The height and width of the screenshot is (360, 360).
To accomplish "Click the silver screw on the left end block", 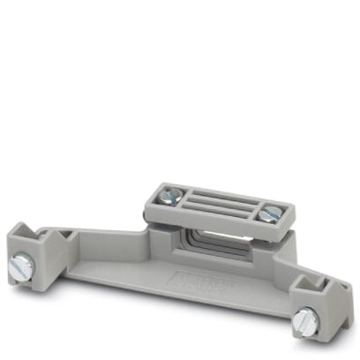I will [24, 262].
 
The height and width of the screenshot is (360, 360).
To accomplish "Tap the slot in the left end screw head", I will [24, 262].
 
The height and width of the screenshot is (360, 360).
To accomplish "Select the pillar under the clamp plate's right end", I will [270, 247].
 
